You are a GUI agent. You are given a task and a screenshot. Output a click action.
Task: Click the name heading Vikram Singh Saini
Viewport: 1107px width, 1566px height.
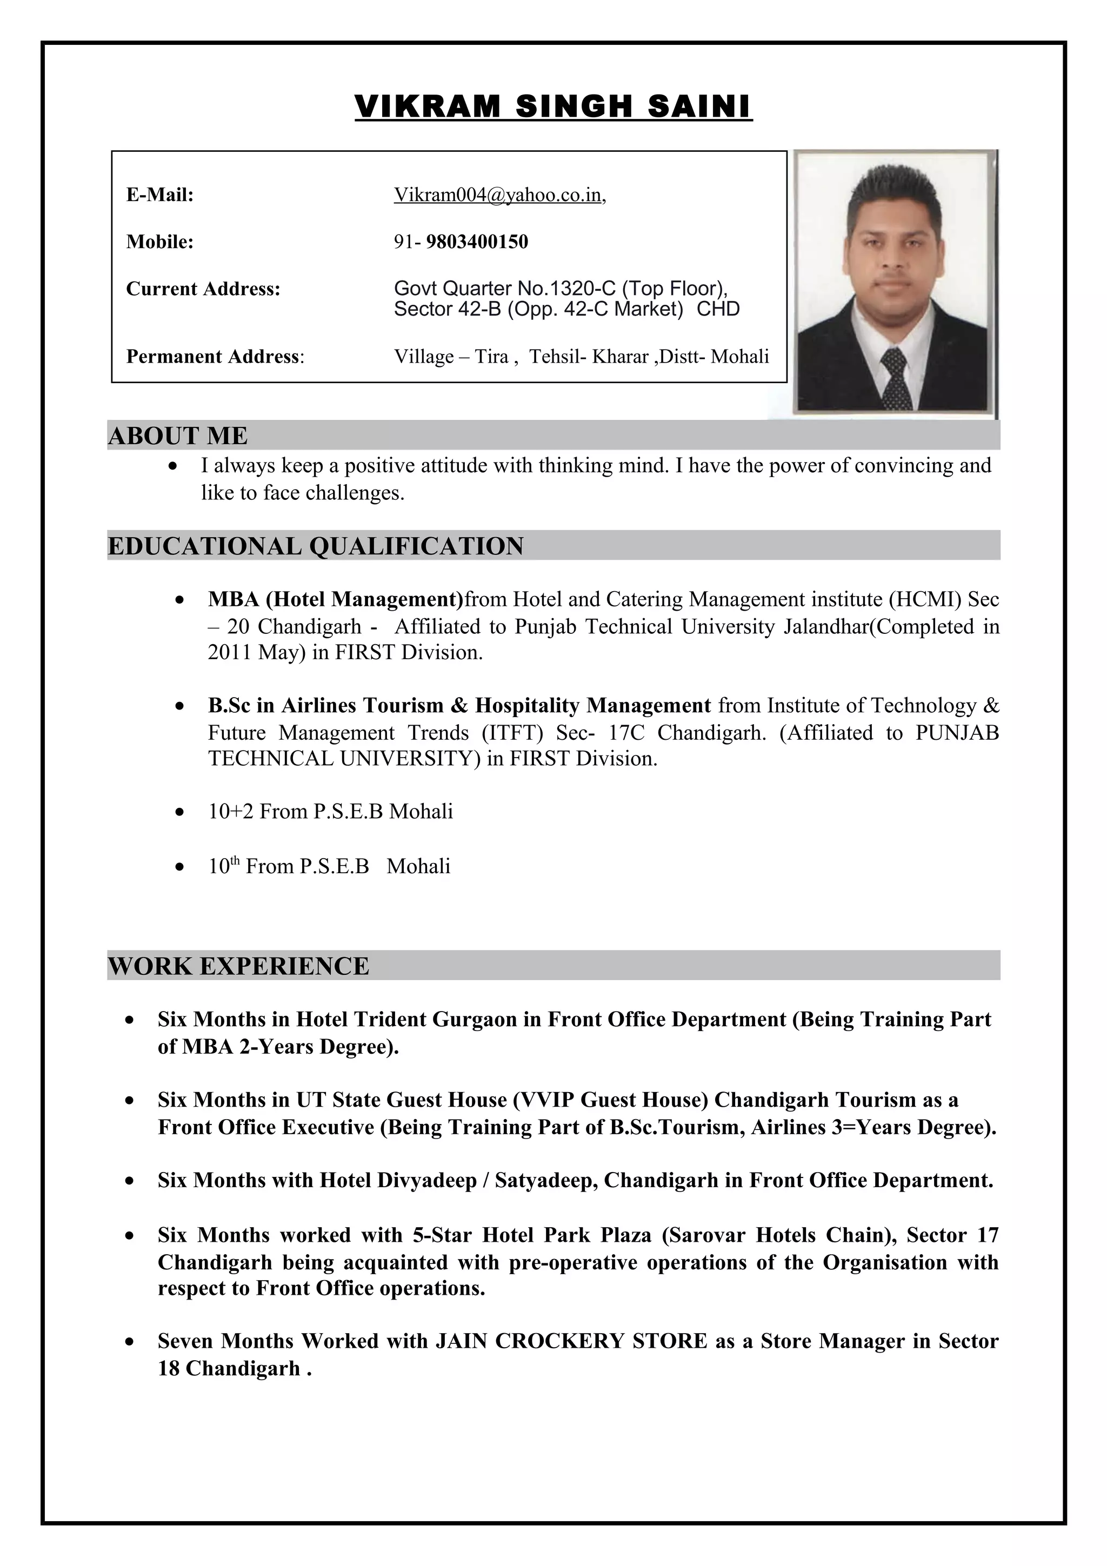[x=553, y=107]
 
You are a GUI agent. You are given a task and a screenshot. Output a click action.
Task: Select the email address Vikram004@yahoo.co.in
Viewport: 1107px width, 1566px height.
[x=498, y=195]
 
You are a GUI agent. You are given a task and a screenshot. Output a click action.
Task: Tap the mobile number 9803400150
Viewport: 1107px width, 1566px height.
[x=477, y=242]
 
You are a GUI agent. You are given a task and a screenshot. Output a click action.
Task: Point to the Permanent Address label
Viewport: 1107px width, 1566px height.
[x=214, y=357]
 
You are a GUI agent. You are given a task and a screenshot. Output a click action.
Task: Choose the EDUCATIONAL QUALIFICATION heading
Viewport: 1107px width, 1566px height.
[x=316, y=546]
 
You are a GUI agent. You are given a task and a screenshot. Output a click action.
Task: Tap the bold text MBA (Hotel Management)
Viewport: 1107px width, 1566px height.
[x=336, y=599]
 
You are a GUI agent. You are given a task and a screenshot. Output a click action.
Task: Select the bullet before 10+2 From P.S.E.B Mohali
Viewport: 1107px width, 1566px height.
[x=179, y=812]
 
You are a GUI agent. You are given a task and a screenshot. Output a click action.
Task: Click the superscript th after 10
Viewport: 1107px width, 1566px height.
[x=235, y=861]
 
